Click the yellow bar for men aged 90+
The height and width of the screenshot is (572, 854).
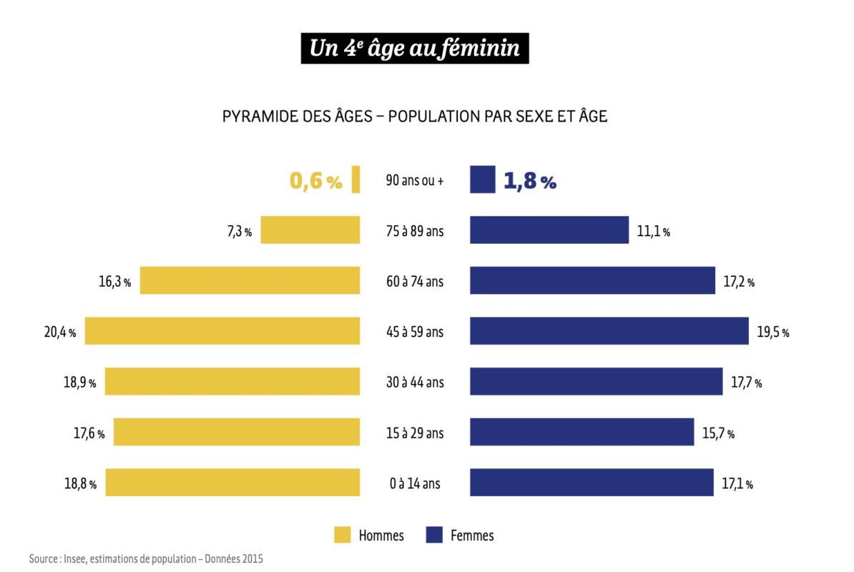pyautogui.click(x=355, y=179)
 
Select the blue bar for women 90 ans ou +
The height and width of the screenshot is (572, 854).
pyautogui.click(x=482, y=179)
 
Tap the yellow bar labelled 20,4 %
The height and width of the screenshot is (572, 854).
pyautogui.click(x=222, y=331)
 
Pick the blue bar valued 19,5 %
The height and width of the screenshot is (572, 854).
pyautogui.click(x=609, y=331)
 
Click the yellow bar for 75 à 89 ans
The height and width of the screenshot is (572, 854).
pyautogui.click(x=310, y=230)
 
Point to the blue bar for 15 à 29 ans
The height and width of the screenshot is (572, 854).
pyautogui.click(x=581, y=433)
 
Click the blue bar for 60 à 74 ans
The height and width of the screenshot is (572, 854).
pyautogui.click(x=592, y=280)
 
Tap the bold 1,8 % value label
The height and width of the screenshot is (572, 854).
pyautogui.click(x=529, y=182)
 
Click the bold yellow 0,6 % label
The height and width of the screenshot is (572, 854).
pyautogui.click(x=315, y=182)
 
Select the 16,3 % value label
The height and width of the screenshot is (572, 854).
pyautogui.click(x=114, y=282)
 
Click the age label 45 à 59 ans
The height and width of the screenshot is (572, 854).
pyautogui.click(x=415, y=332)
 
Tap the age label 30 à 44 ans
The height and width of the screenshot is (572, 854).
pyautogui.click(x=415, y=383)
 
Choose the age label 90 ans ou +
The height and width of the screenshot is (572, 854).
pyautogui.click(x=415, y=181)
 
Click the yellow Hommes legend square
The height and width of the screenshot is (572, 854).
pyautogui.click(x=343, y=535)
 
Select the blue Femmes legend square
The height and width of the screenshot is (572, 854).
pyautogui.click(x=433, y=535)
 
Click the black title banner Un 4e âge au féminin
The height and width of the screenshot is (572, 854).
pyautogui.click(x=415, y=48)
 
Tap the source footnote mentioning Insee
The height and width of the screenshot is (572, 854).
pyautogui.click(x=146, y=559)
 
